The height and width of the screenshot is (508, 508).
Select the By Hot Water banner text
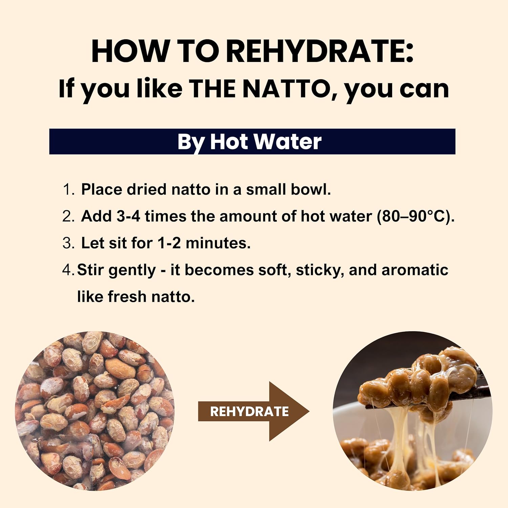click(x=249, y=142)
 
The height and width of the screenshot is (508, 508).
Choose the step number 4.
click(x=67, y=270)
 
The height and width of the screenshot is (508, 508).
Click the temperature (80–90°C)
click(x=416, y=216)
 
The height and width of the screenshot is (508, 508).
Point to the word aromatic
click(x=415, y=270)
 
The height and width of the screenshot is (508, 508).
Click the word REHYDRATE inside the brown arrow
click(x=249, y=411)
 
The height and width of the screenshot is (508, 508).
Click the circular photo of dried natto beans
click(x=95, y=411)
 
